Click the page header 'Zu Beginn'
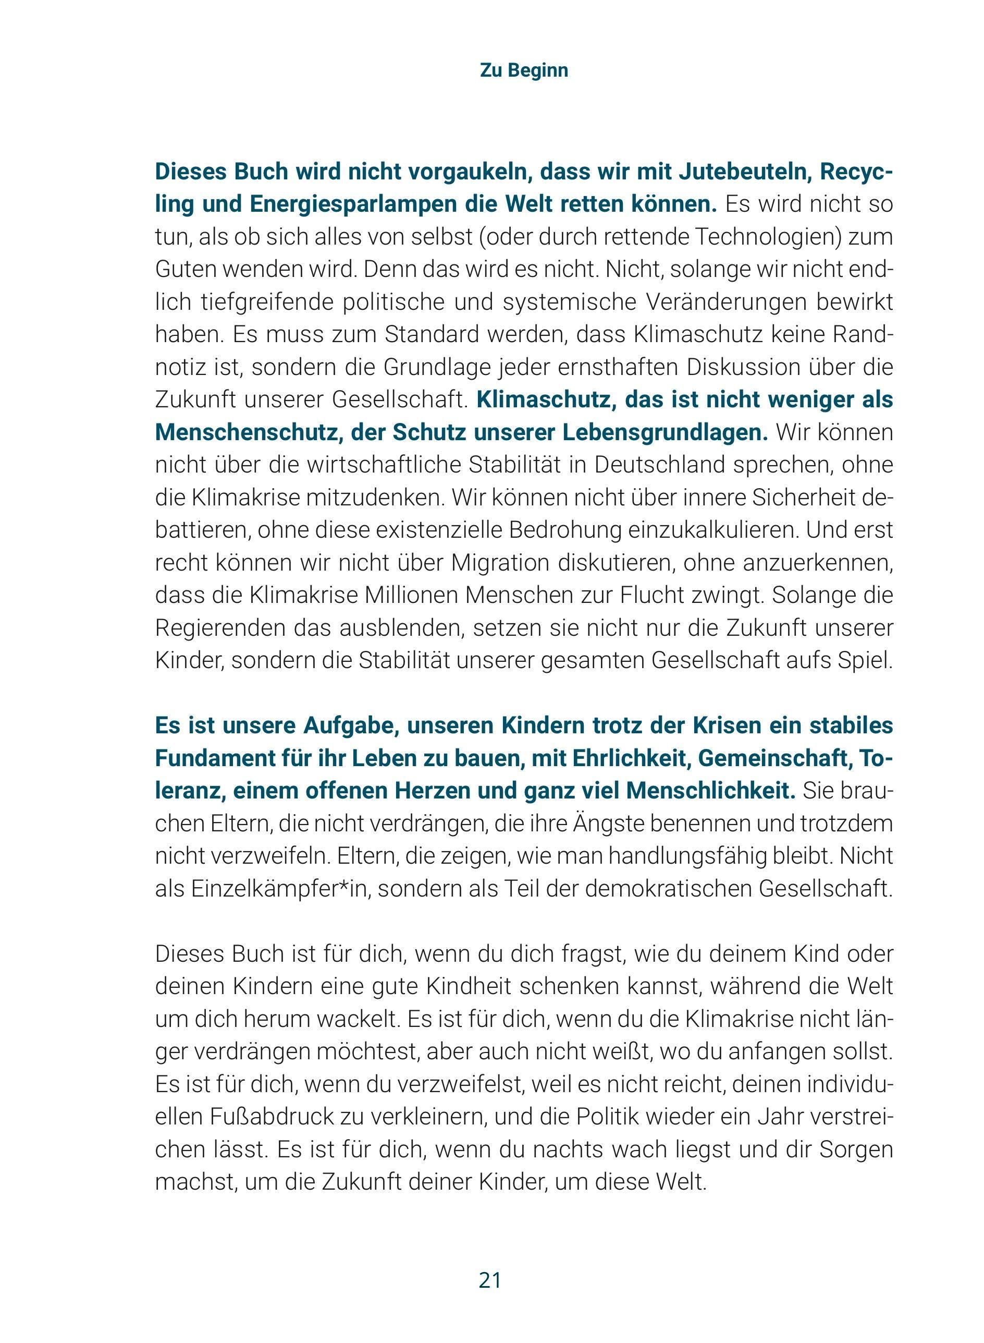pyautogui.click(x=524, y=70)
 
